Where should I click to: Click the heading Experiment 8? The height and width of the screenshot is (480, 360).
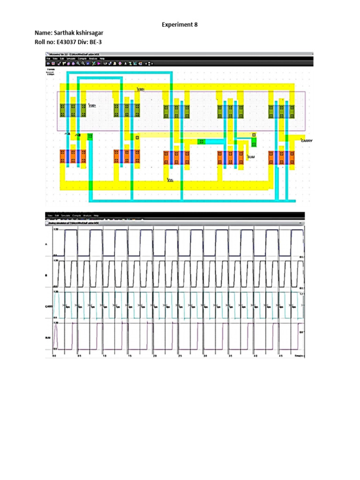point(177,25)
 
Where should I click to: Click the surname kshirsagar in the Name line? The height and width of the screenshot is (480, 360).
point(92,34)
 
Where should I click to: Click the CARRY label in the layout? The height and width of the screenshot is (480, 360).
point(307,140)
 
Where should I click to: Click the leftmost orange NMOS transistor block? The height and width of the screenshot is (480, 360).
point(73,157)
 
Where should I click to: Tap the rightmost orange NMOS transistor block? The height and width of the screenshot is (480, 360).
point(282,157)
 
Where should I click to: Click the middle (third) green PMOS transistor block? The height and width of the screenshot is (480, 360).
point(177,112)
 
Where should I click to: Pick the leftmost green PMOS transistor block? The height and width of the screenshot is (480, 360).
point(73,111)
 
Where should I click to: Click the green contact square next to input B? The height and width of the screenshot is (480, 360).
point(90,136)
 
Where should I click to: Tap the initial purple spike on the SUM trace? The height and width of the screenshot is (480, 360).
point(56,334)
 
